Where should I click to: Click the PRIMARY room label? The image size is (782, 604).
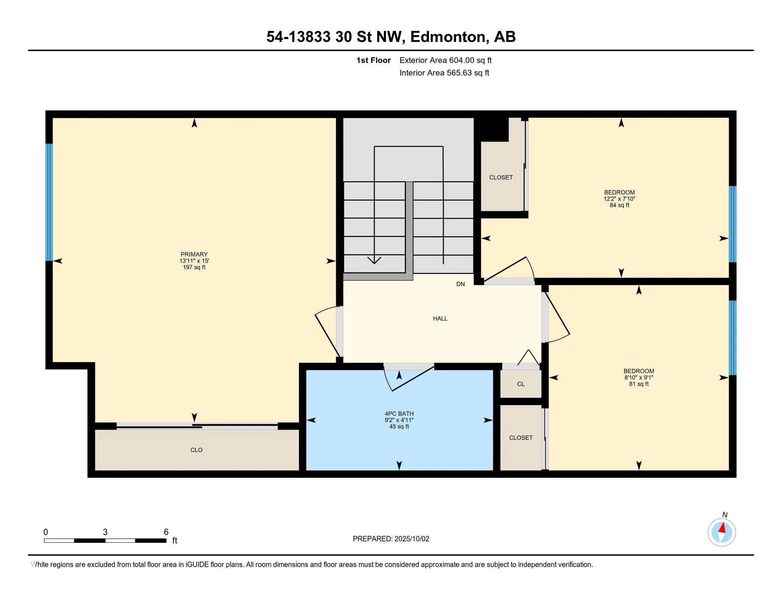point(194,254)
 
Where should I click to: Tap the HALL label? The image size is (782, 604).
point(440,318)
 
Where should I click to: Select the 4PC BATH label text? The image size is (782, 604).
point(399,414)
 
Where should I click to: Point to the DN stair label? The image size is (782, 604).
point(460,284)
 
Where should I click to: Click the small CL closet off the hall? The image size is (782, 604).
point(521,384)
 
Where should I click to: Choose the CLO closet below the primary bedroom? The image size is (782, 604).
point(197,450)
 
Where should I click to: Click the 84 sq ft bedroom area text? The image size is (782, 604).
point(620,205)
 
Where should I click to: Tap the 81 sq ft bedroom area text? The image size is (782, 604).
point(639,384)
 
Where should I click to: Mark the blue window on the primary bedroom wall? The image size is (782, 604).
point(49,202)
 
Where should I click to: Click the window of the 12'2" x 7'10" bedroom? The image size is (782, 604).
point(733,224)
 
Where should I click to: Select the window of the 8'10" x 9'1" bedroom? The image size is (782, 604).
point(733,338)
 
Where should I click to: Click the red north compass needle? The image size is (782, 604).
point(723,528)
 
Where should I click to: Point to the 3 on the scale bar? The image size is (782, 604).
point(105,532)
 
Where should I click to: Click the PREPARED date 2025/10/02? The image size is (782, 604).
point(411,539)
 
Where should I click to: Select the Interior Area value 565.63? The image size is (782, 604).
point(459,73)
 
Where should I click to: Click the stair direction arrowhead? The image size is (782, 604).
point(374,260)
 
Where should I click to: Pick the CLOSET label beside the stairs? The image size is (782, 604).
point(501,178)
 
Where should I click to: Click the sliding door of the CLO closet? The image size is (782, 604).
point(197,426)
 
